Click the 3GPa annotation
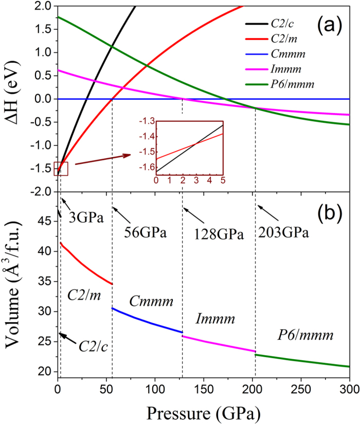pyautogui.click(x=84, y=217)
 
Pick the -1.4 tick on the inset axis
pyautogui.click(x=146, y=137)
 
